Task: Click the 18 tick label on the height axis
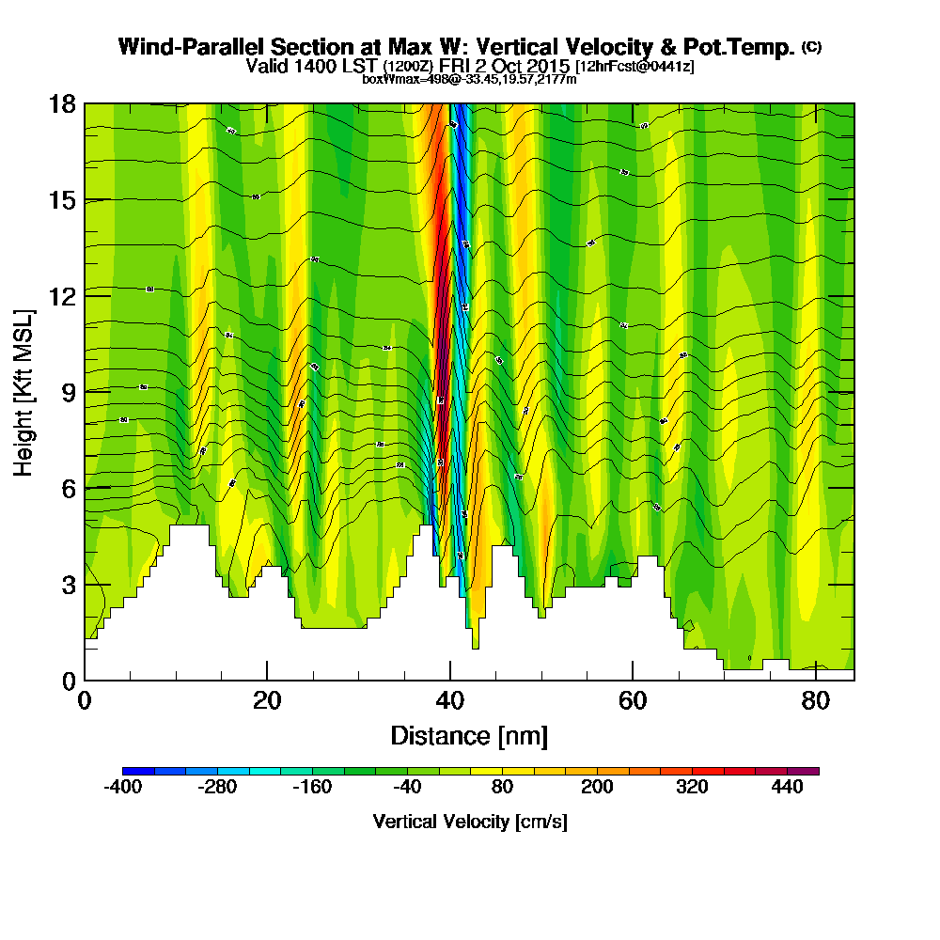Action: pyautogui.click(x=63, y=103)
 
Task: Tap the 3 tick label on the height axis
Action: pyautogui.click(x=69, y=585)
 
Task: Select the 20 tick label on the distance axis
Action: pyautogui.click(x=267, y=700)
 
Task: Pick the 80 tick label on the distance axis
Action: pyautogui.click(x=816, y=700)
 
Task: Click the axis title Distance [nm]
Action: pyautogui.click(x=469, y=735)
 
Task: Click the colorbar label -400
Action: pyautogui.click(x=122, y=788)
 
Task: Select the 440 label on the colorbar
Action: pyautogui.click(x=788, y=788)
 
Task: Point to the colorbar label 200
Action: pyautogui.click(x=597, y=788)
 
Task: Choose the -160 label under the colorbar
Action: pyautogui.click(x=312, y=788)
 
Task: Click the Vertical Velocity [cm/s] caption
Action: pyautogui.click(x=469, y=822)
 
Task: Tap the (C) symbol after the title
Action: pyautogui.click(x=810, y=46)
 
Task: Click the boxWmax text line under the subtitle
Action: pyautogui.click(x=469, y=79)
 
